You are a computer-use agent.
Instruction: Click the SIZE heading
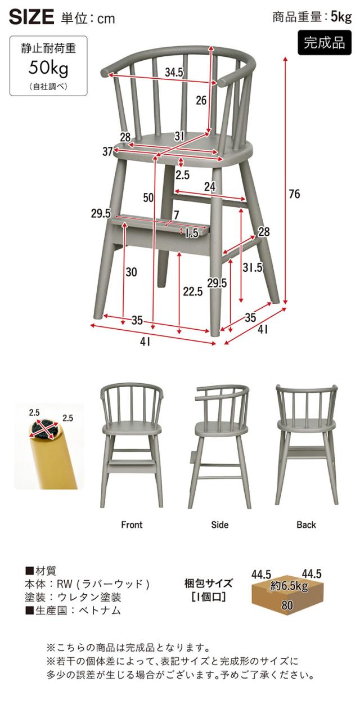tap(31, 17)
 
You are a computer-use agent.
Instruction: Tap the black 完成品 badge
tap(324, 43)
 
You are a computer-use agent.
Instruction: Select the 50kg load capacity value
tap(48, 67)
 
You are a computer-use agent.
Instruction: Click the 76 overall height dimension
tap(294, 194)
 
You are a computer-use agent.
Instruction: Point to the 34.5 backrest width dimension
tap(174, 73)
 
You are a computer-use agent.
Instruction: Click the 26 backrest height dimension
tap(201, 100)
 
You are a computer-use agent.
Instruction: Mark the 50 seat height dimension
tap(148, 198)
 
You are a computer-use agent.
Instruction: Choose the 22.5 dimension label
tap(192, 291)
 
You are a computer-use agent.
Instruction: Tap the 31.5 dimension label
tap(253, 267)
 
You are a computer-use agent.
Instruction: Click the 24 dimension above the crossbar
tap(209, 187)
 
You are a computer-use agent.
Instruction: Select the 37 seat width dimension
tap(107, 151)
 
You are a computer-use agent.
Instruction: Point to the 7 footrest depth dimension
tap(176, 215)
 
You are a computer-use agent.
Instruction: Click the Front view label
tap(132, 525)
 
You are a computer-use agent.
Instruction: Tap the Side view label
tap(219, 525)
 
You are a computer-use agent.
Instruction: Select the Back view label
tap(306, 525)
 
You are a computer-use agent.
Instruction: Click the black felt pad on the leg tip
tap(44, 429)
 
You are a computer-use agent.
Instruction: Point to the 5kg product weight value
tap(341, 17)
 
